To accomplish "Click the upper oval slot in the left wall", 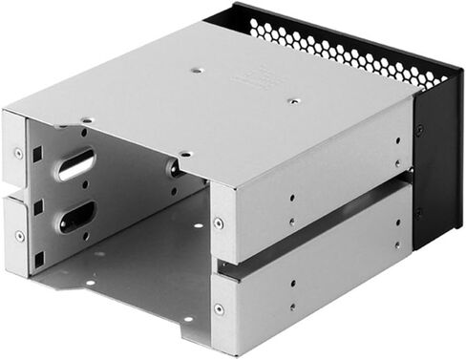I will (76, 164).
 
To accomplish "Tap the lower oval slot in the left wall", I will (76, 218).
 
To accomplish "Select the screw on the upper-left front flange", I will (19, 152).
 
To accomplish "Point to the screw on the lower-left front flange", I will (19, 236).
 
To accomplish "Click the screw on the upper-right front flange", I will (219, 222).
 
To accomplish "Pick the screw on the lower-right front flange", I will (219, 309).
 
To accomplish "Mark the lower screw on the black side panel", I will (419, 213).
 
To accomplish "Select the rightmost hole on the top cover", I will (294, 99).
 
